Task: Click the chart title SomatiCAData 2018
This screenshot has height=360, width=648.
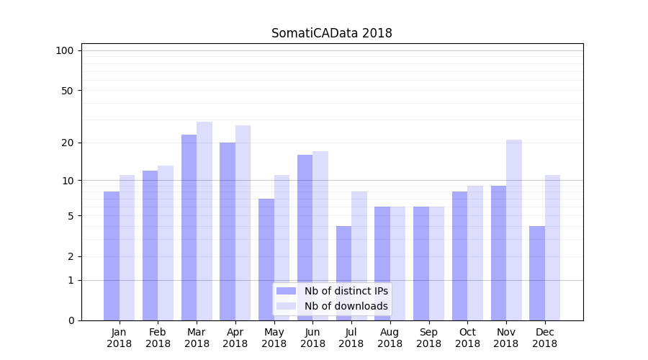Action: click(331, 33)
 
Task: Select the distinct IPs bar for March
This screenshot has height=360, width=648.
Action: click(189, 228)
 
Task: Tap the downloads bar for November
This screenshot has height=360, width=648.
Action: click(514, 230)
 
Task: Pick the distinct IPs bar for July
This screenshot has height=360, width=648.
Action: click(343, 273)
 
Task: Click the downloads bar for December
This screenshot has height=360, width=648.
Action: click(552, 248)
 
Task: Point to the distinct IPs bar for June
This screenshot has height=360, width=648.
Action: click(305, 238)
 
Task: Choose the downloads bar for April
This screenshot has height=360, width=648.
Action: click(243, 222)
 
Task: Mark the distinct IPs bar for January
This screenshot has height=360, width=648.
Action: click(112, 256)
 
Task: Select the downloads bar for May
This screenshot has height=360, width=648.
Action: click(282, 248)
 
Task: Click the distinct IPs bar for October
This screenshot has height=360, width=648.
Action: click(459, 256)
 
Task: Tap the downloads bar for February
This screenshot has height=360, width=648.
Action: click(166, 243)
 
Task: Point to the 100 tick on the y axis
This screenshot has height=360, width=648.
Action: click(65, 50)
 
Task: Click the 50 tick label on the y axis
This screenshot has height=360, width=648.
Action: click(68, 91)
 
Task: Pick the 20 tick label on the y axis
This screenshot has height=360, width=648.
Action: click(68, 143)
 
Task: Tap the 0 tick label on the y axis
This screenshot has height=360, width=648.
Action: click(71, 320)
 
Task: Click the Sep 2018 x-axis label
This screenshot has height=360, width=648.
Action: click(428, 338)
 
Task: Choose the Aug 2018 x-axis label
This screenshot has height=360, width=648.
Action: click(390, 338)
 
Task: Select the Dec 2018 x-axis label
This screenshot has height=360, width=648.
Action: click(544, 338)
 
